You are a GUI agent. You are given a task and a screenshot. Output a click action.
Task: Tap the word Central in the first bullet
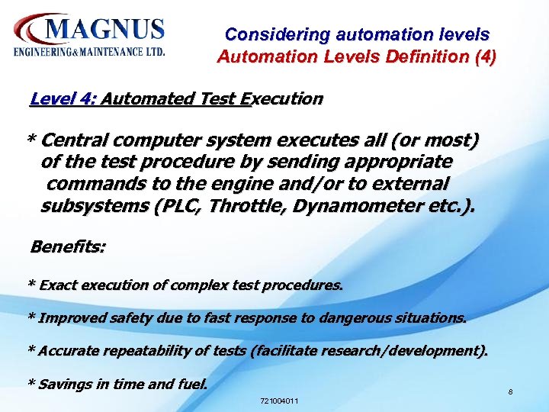click(x=75, y=141)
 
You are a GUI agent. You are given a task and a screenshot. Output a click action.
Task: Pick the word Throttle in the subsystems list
click(x=246, y=206)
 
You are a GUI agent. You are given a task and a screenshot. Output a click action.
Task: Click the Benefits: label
click(x=68, y=246)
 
